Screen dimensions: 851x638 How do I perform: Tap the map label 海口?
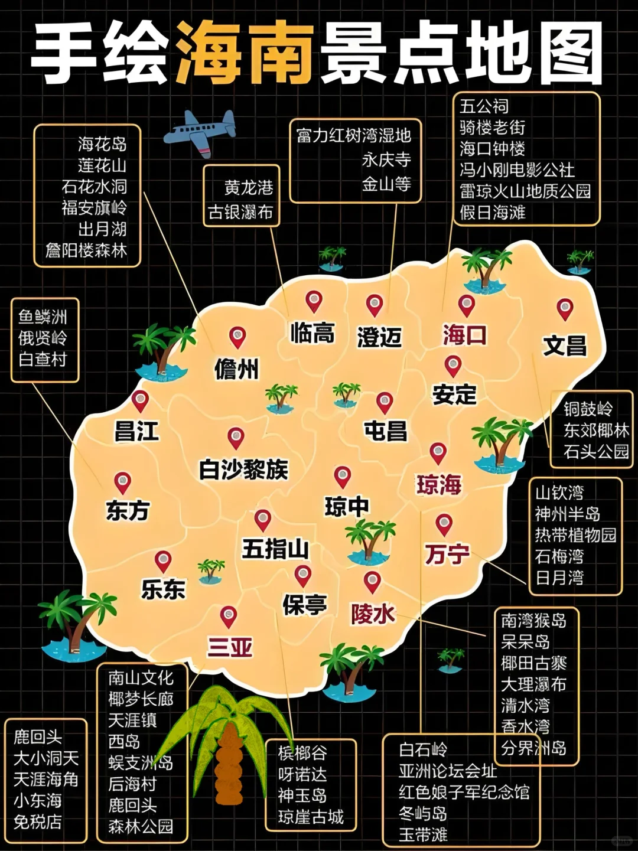[x=465, y=335]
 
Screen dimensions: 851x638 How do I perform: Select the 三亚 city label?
[x=230, y=647]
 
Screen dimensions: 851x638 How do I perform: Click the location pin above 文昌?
[x=565, y=309]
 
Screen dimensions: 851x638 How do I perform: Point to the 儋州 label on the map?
[x=236, y=370]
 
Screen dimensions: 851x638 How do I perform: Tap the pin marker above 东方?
[x=122, y=482]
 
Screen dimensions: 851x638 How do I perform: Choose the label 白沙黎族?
[x=243, y=469]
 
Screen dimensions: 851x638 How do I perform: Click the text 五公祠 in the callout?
[x=484, y=106]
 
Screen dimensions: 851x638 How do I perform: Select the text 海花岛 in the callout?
[x=102, y=144]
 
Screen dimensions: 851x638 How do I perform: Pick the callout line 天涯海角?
[x=45, y=779]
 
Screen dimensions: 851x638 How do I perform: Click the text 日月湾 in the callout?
[x=559, y=578]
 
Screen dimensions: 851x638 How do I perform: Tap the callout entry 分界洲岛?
[x=533, y=748]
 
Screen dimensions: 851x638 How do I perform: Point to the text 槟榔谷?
[x=302, y=753]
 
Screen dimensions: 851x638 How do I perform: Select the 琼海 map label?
[x=439, y=485]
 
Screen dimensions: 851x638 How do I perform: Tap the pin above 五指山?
[x=262, y=520]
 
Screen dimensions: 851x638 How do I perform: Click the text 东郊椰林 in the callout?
[x=596, y=430]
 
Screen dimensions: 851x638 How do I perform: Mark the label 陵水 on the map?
[x=373, y=614]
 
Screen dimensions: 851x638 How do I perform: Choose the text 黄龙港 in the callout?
[x=249, y=188]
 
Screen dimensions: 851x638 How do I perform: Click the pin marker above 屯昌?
[x=385, y=403]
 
